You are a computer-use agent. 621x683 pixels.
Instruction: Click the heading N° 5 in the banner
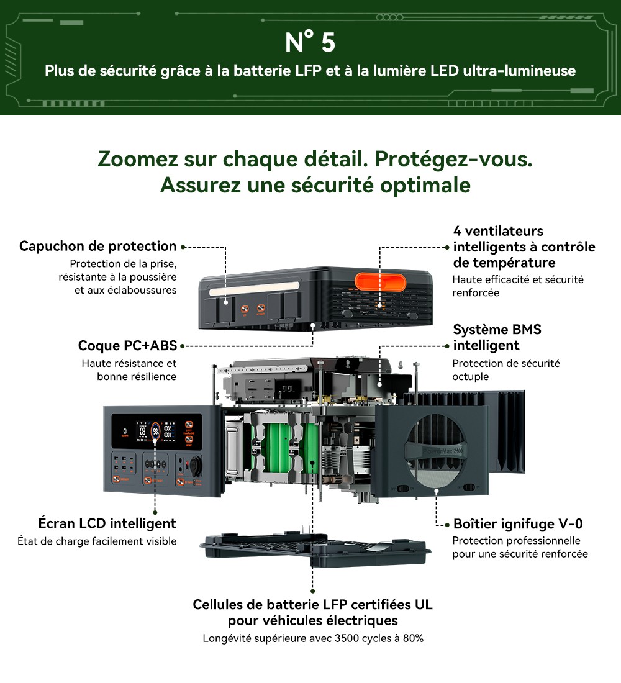310,43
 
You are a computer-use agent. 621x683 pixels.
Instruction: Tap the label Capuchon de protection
97,246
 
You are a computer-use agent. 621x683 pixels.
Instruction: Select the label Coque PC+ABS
127,345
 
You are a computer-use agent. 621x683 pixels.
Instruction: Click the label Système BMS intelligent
497,337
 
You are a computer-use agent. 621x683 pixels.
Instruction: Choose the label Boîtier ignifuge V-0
518,523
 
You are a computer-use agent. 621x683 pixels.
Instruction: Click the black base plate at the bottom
315,549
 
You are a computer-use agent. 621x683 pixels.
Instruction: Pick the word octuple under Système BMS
470,377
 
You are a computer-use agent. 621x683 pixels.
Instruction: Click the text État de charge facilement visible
97,541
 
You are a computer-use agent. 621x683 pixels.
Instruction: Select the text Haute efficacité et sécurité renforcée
517,286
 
